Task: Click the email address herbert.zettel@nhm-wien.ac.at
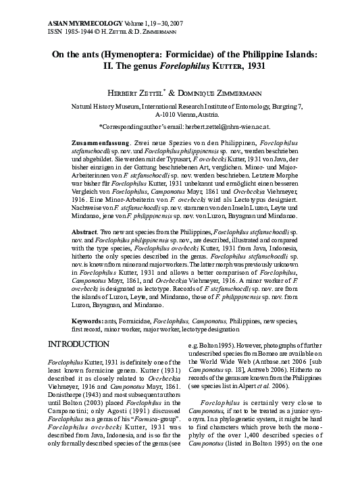coord(233,127)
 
